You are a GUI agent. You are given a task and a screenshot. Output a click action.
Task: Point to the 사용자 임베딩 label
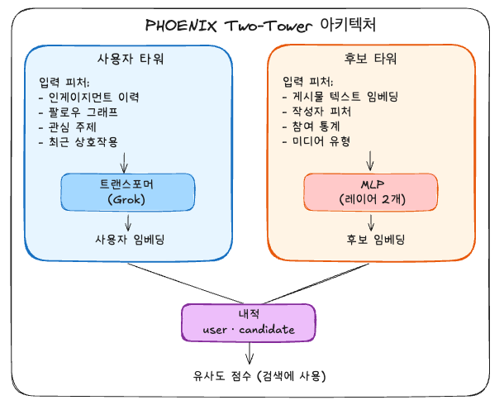(x=126, y=240)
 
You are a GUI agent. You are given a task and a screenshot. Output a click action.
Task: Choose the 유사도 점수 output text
(x=248, y=376)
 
